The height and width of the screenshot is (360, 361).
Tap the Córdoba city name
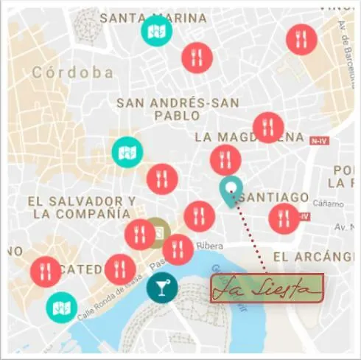pos(73,73)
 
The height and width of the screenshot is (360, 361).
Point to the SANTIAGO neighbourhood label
pos(275,197)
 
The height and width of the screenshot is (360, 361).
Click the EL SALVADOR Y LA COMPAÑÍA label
pos(81,207)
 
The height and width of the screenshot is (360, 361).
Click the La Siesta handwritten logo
pos(266,288)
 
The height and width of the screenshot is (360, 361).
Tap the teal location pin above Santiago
pos(231,190)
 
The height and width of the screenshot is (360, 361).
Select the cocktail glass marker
pos(161,287)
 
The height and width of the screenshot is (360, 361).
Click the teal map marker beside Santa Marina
pos(156,31)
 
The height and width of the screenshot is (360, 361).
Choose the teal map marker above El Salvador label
pos(127,152)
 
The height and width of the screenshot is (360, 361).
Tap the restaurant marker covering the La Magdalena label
pos(267,128)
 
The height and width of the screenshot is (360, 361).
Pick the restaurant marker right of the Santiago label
pos(284,218)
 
